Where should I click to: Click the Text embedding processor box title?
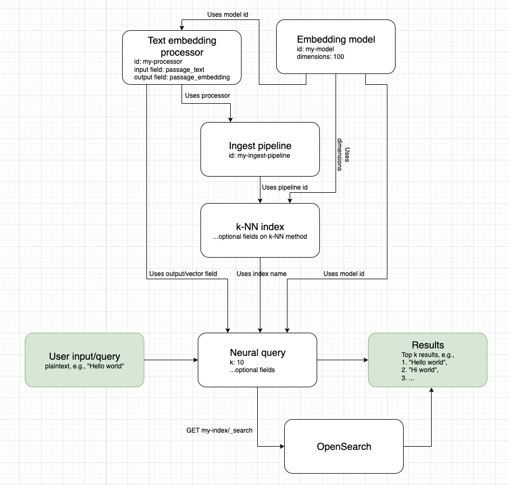tap(182, 46)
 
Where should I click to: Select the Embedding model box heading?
tap(336, 39)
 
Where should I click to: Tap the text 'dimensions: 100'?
tap(320, 57)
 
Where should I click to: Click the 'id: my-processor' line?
tap(158, 62)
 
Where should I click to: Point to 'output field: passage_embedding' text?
tap(182, 77)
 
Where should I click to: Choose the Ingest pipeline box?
tap(260, 149)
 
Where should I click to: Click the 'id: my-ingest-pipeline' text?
tap(260, 156)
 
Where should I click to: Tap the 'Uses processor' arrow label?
tap(207, 96)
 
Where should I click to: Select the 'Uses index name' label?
tap(262, 274)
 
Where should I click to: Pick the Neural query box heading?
tap(257, 353)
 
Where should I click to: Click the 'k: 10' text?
tap(237, 362)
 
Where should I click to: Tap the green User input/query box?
tap(84, 360)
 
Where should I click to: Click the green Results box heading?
tap(427, 345)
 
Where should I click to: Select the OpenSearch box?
tap(344, 447)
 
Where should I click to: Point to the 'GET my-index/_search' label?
tap(219, 430)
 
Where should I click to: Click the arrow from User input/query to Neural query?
tap(170, 360)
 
